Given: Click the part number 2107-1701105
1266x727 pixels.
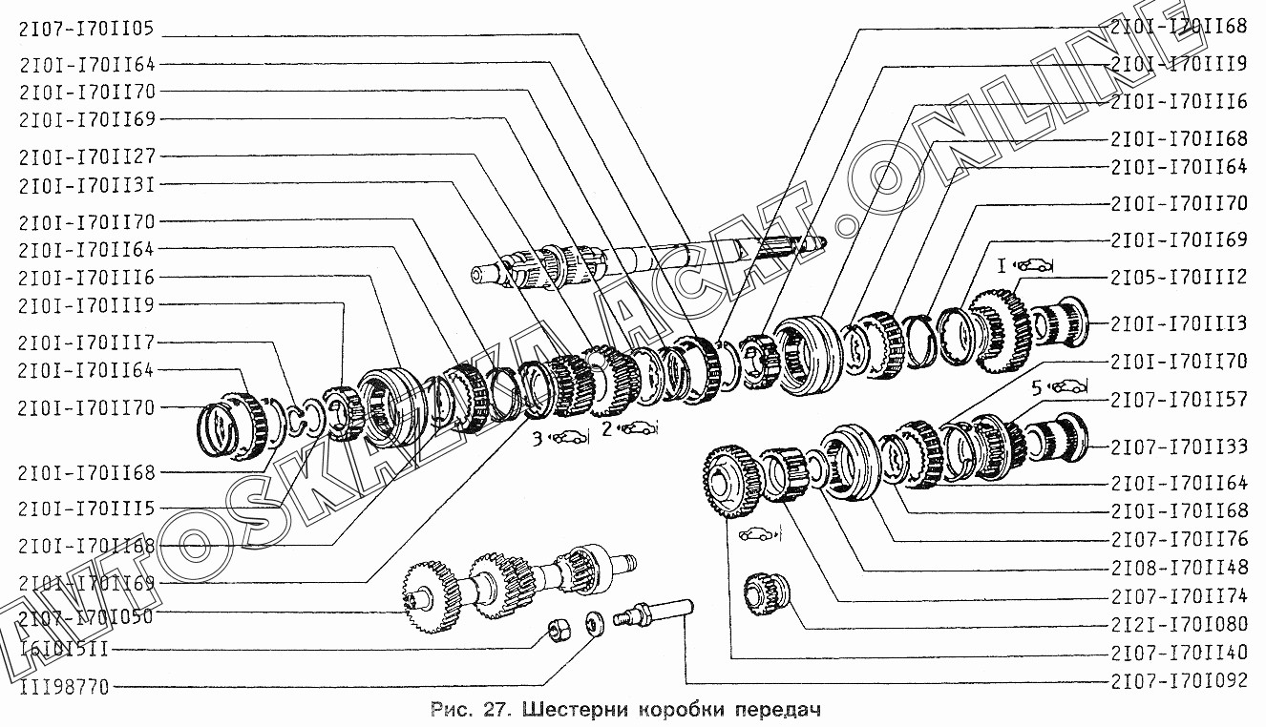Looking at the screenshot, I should [85, 28].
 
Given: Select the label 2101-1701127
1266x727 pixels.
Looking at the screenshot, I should [85, 156].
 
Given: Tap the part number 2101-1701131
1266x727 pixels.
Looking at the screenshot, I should [85, 184].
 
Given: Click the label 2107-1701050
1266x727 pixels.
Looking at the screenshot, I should [85, 616].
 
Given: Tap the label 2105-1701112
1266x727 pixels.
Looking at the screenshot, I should [1179, 277].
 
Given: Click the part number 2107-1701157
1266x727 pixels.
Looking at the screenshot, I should [1179, 400].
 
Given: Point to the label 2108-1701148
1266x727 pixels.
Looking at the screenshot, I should [1179, 567].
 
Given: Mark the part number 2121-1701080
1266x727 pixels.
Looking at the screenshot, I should [1179, 626].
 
